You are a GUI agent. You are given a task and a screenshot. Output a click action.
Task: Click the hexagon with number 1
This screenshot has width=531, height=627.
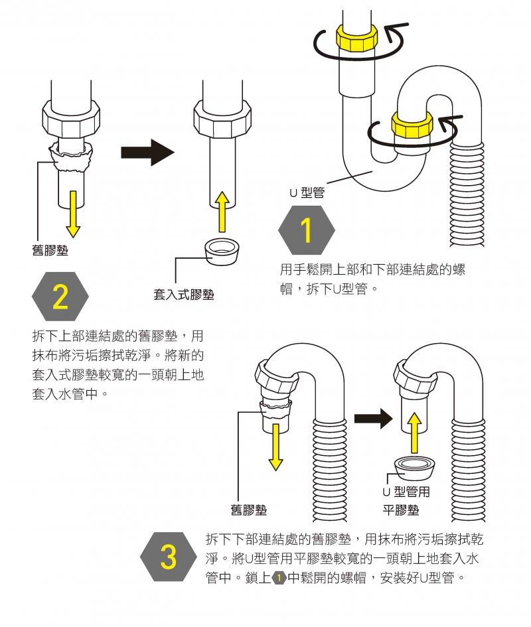pos(306,230)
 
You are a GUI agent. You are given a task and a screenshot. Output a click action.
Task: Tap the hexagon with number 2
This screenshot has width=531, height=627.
pos(60,296)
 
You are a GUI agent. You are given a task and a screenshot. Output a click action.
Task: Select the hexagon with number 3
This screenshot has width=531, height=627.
pos(169,557)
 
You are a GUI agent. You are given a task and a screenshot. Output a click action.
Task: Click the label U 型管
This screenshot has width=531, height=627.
pos(307,192)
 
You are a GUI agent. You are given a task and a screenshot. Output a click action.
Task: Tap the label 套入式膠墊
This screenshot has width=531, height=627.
pos(184,295)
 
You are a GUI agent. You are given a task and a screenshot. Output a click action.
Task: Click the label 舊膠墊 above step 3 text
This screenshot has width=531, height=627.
pos(249,510)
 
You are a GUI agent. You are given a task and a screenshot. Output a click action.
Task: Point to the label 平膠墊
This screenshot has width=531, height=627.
pos(401,510)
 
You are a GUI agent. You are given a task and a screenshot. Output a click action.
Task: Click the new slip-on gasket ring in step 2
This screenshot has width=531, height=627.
pos(221,250)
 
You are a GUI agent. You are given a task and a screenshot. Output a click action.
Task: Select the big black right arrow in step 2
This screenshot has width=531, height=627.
pos(147,153)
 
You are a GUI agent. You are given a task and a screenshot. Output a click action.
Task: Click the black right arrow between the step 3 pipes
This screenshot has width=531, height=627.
pos(374,418)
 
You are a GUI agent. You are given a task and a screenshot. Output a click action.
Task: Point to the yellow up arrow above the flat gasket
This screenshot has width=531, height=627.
pos(414,433)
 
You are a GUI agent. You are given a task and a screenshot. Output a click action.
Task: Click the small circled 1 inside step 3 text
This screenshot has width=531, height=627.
pos(279,578)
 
